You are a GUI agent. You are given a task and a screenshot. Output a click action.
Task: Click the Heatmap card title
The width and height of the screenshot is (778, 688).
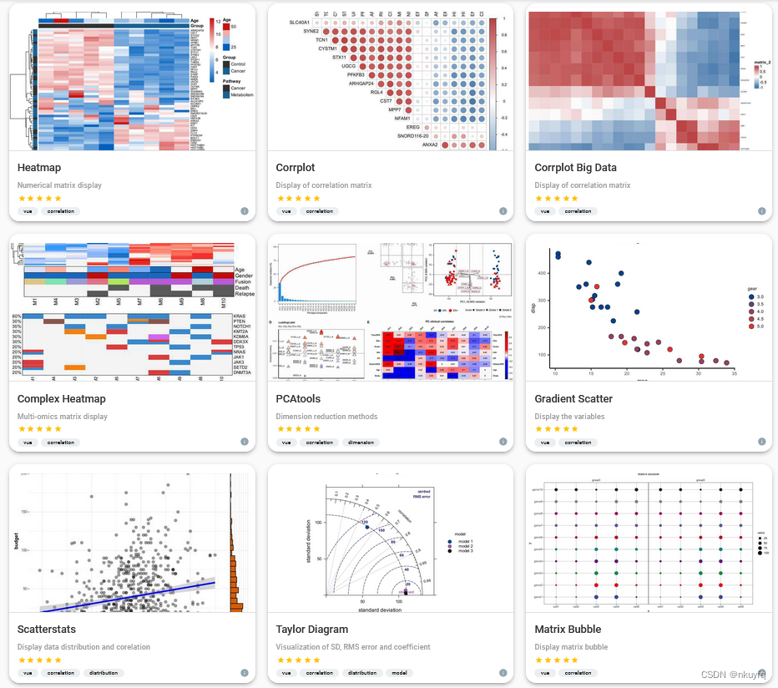pyautogui.click(x=39, y=168)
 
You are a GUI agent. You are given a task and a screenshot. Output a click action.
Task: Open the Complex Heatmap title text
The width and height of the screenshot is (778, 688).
pyautogui.click(x=61, y=399)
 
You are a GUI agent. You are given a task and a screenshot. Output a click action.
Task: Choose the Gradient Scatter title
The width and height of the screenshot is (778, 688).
pyautogui.click(x=573, y=399)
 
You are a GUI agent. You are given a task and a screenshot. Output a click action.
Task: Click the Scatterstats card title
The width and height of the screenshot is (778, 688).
pyautogui.click(x=48, y=630)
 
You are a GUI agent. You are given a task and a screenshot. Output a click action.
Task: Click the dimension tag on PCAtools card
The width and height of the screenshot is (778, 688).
pyautogui.click(x=361, y=443)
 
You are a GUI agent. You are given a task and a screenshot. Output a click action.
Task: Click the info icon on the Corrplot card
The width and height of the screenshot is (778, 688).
pyautogui.click(x=503, y=211)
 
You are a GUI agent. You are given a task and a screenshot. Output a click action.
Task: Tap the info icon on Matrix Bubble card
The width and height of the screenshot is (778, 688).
pyautogui.click(x=761, y=673)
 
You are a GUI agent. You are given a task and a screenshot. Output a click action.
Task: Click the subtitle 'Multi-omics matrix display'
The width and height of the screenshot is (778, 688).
pyautogui.click(x=62, y=416)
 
